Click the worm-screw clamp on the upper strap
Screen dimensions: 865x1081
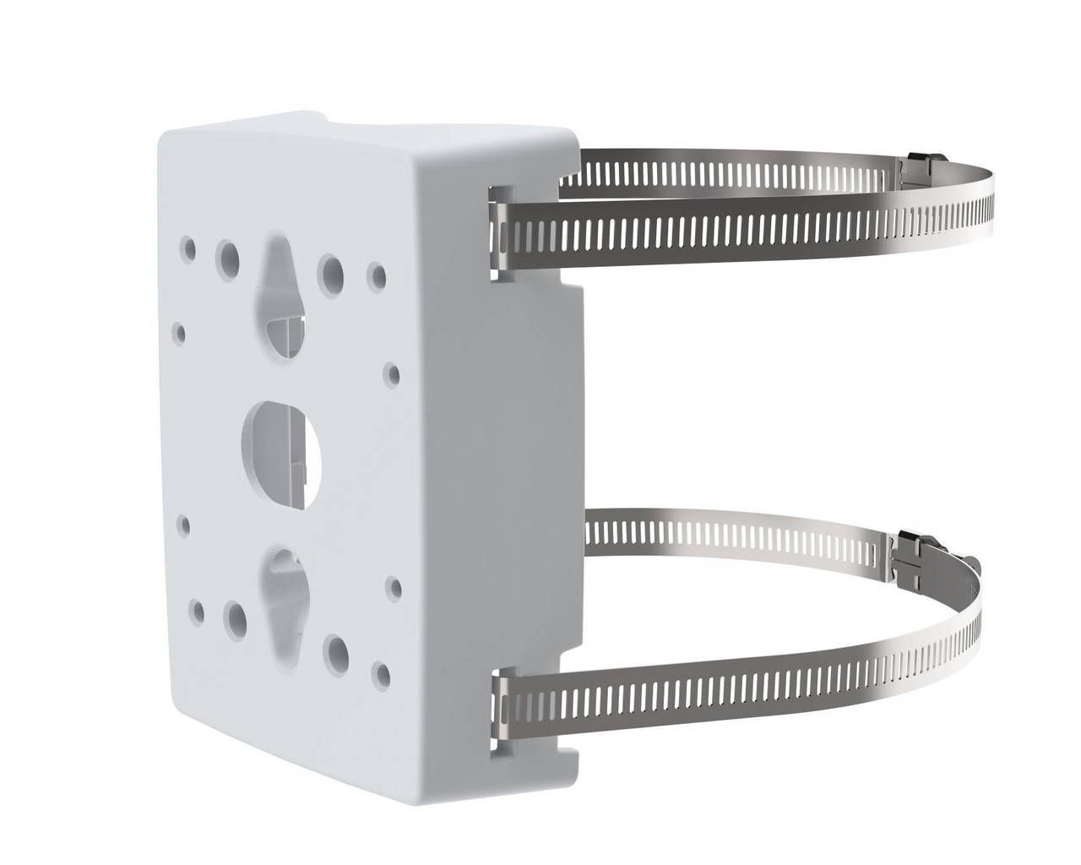point(918,166)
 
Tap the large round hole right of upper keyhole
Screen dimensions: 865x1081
point(332,269)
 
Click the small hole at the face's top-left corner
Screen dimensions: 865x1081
point(189,248)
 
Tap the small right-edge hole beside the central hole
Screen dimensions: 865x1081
point(390,371)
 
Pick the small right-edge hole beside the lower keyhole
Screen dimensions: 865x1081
point(392,584)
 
